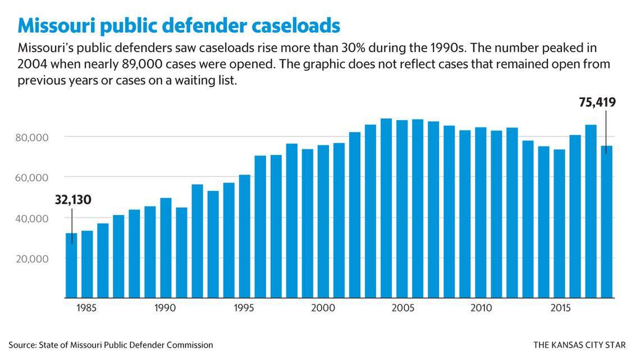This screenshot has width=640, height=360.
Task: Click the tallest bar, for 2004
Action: pyautogui.click(x=386, y=208)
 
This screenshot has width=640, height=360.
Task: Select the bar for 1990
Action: pyautogui.click(x=166, y=247)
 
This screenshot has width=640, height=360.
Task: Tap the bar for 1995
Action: pyautogui.click(x=244, y=236)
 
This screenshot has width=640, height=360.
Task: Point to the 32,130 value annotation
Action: pyautogui.click(x=73, y=200)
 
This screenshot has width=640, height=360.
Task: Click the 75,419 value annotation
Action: pyautogui.click(x=597, y=102)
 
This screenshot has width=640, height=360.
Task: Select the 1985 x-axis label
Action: pyautogui.click(x=87, y=308)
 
